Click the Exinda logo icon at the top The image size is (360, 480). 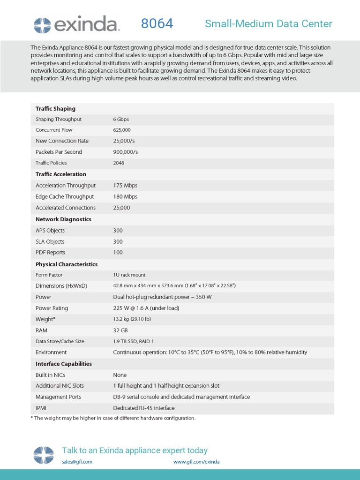coord(42,24)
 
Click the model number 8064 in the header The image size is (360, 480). coord(157,23)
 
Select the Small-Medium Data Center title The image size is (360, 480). coord(268,24)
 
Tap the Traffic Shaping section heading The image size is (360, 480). coord(55,109)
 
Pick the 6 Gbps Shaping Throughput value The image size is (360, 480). coord(121,119)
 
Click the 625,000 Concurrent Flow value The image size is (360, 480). coord(122,130)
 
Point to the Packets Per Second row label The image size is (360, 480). coord(59,152)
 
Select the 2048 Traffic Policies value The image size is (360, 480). coord(119,163)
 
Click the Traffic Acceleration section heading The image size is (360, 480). coord(61,174)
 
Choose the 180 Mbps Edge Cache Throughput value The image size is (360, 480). coord(125,196)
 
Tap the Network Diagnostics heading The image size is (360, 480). coord(63,219)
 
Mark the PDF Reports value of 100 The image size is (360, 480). coord(118,253)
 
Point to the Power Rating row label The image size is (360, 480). coord(52,308)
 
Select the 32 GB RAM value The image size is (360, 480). coord(120,330)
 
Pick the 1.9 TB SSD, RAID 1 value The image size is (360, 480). coord(134,341)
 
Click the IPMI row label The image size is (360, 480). coord(42,408)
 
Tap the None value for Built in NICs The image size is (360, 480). coord(120,375)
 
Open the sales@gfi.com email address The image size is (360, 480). coord(77,462)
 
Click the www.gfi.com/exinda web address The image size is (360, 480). coord(196,462)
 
